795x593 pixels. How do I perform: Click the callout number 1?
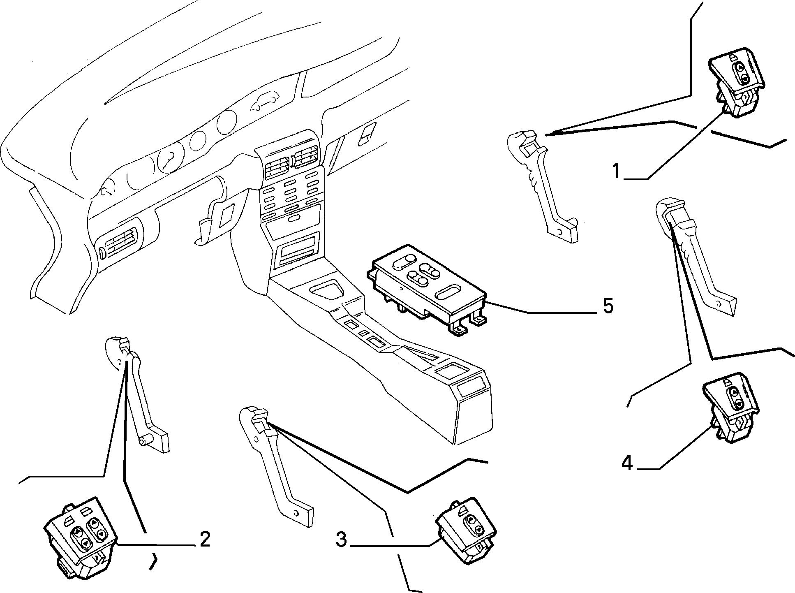(616, 171)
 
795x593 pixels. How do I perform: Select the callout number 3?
(341, 540)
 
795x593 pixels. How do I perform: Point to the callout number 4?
(627, 463)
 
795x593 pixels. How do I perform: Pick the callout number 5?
(608, 306)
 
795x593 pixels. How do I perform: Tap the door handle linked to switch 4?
(695, 257)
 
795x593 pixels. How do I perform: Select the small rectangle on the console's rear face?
(472, 389)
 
